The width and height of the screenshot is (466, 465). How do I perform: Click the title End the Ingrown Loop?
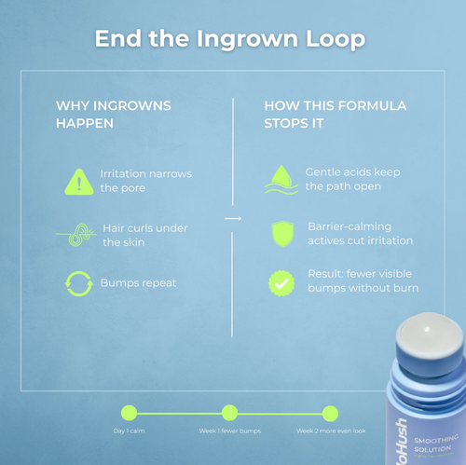point(229,39)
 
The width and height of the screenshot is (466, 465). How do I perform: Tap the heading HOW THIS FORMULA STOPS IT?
point(335,115)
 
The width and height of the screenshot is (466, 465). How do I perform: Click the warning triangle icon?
point(79,182)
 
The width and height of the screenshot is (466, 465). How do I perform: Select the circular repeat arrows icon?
point(79,283)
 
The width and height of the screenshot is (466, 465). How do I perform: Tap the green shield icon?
point(281,233)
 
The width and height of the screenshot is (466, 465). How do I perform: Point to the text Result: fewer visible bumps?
point(362,281)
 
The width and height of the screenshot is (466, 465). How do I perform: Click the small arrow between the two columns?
point(233,219)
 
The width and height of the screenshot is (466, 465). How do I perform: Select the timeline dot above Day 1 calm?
point(129,413)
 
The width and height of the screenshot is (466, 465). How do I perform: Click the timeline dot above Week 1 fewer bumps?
point(229,413)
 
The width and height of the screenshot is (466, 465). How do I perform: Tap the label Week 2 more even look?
point(331,431)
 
